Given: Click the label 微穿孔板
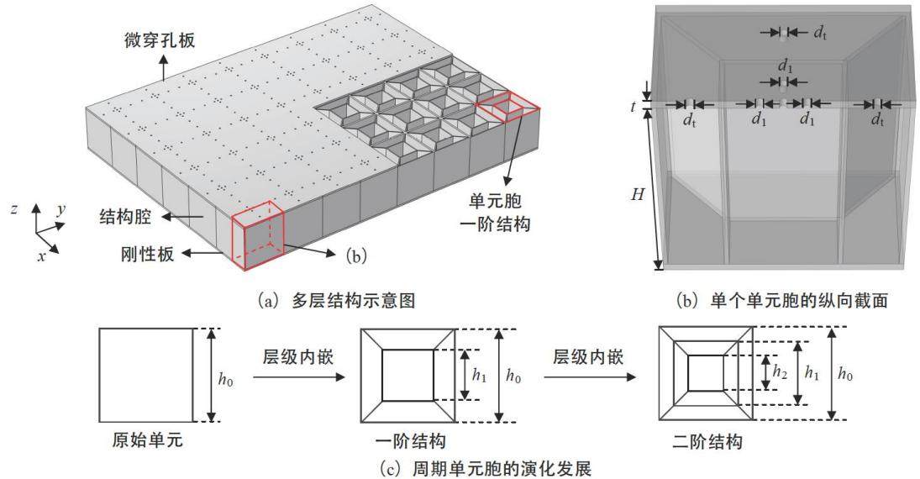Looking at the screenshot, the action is [x=160, y=40].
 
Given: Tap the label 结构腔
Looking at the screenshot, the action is [x=125, y=217].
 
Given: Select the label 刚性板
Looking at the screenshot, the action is [x=147, y=254].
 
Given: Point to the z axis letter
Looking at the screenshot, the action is [x=13, y=209].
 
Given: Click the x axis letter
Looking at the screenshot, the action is [x=42, y=255].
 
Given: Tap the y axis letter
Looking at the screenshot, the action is [x=61, y=209].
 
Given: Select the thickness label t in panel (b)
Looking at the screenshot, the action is [x=633, y=107].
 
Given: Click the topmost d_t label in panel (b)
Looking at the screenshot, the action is [x=820, y=33].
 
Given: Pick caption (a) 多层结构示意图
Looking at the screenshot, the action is [x=337, y=301].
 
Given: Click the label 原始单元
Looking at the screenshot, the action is [x=147, y=440].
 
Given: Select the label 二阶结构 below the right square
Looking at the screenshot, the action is [x=707, y=441].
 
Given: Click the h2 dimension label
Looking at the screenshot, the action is [x=779, y=371].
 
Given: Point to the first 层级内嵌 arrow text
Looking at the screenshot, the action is [x=298, y=357].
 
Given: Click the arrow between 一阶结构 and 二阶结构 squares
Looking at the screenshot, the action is [x=590, y=376].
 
